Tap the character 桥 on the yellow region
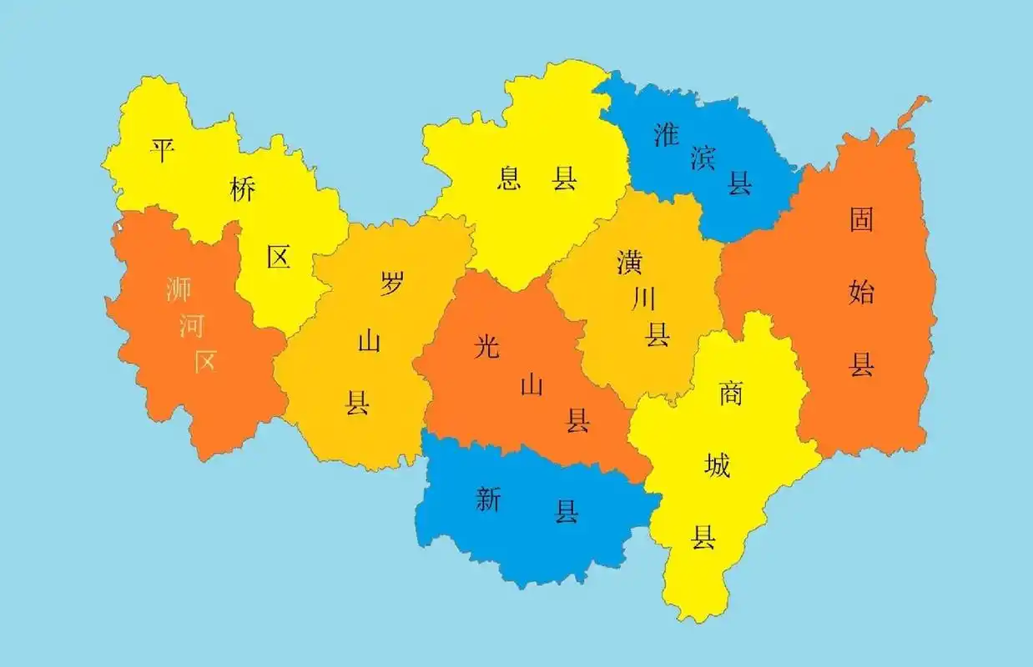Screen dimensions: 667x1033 [242, 190]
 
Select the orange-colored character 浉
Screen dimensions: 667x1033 [179, 289]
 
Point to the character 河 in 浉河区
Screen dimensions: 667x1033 [192, 325]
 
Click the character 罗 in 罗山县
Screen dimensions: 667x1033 [391, 283]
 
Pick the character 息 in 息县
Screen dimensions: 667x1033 [509, 178]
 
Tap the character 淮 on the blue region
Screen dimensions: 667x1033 [666, 134]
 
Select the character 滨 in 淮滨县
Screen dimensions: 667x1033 [703, 158]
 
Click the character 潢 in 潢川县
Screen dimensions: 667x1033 [629, 262]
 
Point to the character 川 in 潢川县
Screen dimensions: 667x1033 [643, 298]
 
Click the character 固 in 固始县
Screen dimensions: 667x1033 [861, 220]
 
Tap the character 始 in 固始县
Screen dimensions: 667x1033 [861, 292]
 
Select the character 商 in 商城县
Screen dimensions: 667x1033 [731, 393]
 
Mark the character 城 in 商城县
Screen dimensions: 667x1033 [717, 465]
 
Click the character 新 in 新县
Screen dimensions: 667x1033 [488, 499]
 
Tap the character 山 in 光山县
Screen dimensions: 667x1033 [532, 384]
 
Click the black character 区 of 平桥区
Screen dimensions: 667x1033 [279, 257]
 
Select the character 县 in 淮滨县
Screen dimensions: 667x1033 [739, 183]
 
